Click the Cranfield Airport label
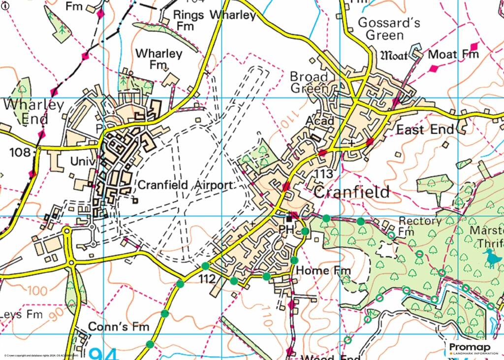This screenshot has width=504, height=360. pos(184,186)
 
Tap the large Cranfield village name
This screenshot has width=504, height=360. pos(351,192)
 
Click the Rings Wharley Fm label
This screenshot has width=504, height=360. pos(215,20)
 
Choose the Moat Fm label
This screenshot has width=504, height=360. pos(453,54)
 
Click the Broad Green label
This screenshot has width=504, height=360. pos(309,82)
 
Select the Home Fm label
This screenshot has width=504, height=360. pos(324,270)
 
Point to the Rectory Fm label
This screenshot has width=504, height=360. pos(420,226)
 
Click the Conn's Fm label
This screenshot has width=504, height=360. pos(118,327)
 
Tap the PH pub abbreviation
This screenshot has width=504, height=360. pos(286,230)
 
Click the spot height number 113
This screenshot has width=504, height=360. pos(324,174)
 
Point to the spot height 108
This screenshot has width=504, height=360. pos(20,152)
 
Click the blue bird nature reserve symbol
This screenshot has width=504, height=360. pos(490,258)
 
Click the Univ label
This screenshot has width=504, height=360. pos(82,161)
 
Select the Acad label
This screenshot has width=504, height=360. pos(320,121)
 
